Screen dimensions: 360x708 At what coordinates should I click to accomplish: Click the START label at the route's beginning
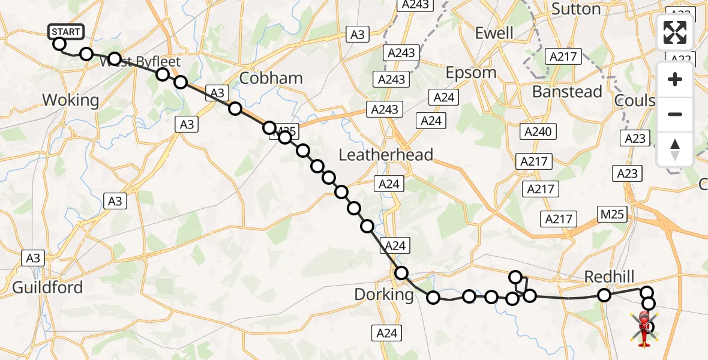pyautogui.click(x=65, y=31)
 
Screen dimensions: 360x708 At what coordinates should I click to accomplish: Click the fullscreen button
pyautogui.click(x=675, y=33)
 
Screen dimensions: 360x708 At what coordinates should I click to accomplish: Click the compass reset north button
pyautogui.click(x=675, y=149)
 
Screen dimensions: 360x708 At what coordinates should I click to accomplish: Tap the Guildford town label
pyautogui.click(x=47, y=287)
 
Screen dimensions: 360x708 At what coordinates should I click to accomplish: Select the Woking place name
pyautogui.click(x=70, y=100)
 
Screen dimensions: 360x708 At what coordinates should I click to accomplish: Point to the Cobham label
pyautogui.click(x=271, y=79)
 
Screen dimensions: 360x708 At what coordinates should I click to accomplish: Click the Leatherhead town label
pyautogui.click(x=386, y=155)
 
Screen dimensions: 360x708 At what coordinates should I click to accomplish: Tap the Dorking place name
pyautogui.click(x=384, y=295)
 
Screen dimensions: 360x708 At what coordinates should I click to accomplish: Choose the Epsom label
pyautogui.click(x=471, y=73)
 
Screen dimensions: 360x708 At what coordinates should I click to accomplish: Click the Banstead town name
pyautogui.click(x=567, y=92)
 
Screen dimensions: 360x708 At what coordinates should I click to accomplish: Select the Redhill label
pyautogui.click(x=610, y=276)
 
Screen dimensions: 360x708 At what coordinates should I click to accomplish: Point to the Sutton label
pyautogui.click(x=575, y=9)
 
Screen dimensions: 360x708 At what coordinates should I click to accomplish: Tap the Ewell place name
pyautogui.click(x=494, y=32)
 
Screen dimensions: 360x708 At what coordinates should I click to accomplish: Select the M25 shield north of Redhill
pyautogui.click(x=612, y=214)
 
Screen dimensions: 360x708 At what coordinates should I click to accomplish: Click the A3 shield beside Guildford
pyautogui.click(x=33, y=258)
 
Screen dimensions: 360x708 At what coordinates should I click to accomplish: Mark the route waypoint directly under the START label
pyautogui.click(x=59, y=44)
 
